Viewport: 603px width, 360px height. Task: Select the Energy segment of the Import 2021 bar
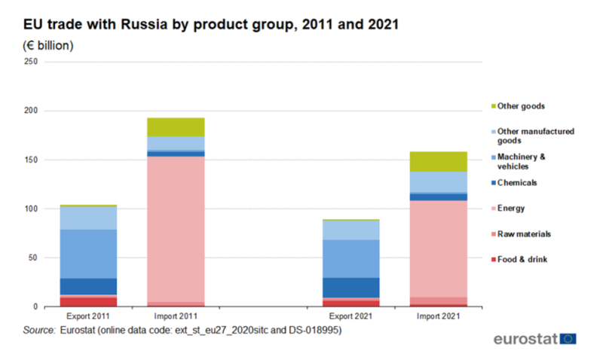pyautogui.click(x=439, y=249)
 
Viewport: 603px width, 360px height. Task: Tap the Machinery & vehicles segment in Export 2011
pyautogui.click(x=88, y=254)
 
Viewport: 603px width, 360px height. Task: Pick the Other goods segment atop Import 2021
pyautogui.click(x=439, y=161)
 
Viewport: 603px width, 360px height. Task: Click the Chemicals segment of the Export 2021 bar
pyautogui.click(x=351, y=288)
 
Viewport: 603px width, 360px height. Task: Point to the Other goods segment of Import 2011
pyautogui.click(x=176, y=127)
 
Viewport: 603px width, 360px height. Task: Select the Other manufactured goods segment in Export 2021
pyautogui.click(x=351, y=230)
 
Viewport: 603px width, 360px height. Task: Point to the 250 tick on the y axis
pyautogui.click(x=31, y=62)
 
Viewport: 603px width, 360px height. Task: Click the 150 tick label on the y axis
pyautogui.click(x=31, y=160)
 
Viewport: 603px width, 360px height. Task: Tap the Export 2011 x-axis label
pyautogui.click(x=88, y=316)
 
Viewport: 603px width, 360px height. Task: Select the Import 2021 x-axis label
pyautogui.click(x=439, y=316)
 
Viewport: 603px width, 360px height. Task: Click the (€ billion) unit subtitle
pyautogui.click(x=49, y=46)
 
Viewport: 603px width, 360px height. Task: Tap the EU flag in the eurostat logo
pyautogui.click(x=568, y=339)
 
